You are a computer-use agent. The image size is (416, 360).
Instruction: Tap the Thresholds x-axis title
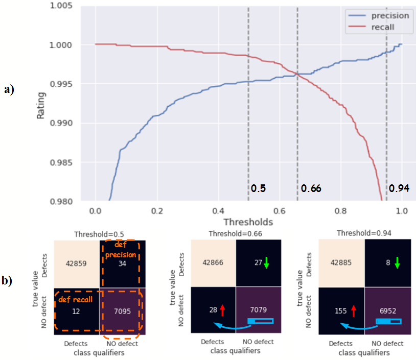248,222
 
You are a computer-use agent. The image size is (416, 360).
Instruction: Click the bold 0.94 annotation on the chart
399,188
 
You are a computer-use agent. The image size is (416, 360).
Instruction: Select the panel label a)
9,89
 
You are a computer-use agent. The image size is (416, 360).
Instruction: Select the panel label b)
9,281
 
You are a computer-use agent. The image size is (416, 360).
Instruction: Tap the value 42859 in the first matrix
78,264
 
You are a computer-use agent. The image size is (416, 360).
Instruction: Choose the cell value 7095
121,311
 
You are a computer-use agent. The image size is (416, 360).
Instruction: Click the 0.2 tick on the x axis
157,210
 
